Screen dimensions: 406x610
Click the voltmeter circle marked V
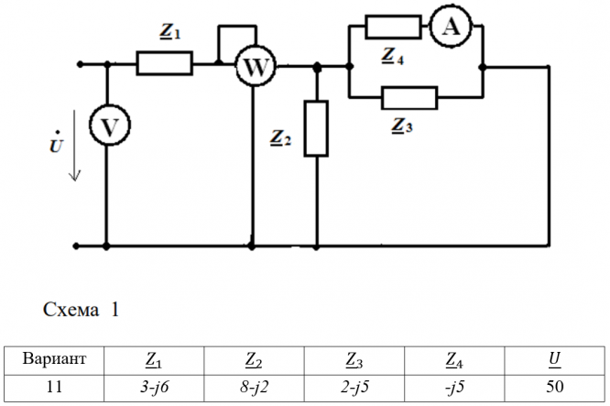tap(107, 129)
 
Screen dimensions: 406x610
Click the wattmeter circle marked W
tap(251, 66)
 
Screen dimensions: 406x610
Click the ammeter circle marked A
tap(449, 27)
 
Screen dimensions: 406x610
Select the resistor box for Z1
tap(165, 63)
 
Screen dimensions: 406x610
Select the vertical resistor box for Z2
tap(317, 129)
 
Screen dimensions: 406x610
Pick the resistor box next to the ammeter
tap(392, 27)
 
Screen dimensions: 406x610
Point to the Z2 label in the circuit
tap(281, 139)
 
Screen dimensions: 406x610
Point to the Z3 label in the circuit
tap(401, 126)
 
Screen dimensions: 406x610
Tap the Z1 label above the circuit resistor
tap(170, 33)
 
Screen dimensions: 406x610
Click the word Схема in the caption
tap(71, 310)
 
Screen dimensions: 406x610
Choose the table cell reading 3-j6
tap(153, 386)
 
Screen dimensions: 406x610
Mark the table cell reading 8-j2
tap(253, 386)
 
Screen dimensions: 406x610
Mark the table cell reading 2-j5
tap(354, 386)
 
